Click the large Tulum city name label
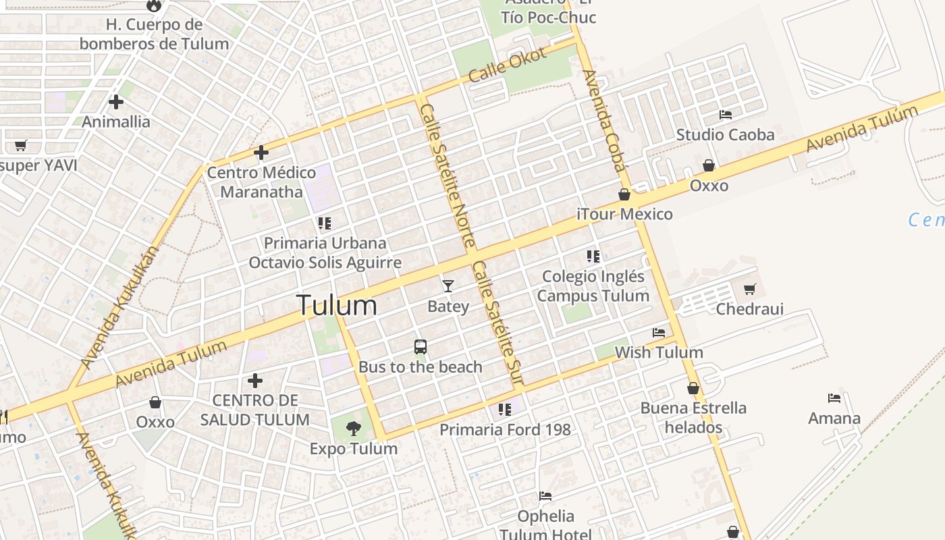[x=336, y=305]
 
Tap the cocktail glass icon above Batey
[x=448, y=286]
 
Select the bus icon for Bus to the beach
[x=420, y=347]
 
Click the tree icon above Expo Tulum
[x=352, y=428]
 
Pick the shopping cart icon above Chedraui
[x=749, y=290]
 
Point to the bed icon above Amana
[x=834, y=398]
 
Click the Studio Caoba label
[x=725, y=134]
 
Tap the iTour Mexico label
[x=624, y=214]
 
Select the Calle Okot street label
[x=507, y=65]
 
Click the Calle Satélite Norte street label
[x=448, y=175]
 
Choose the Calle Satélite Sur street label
[x=497, y=324]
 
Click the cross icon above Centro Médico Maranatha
[x=261, y=153]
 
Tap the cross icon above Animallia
[x=116, y=102]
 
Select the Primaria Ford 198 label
[x=505, y=429]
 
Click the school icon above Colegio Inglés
[x=593, y=256]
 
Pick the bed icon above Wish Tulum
[x=659, y=333]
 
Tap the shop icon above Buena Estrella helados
[x=693, y=388]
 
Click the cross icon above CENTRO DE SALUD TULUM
[x=254, y=381]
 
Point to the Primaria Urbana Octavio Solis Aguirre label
[x=325, y=252]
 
